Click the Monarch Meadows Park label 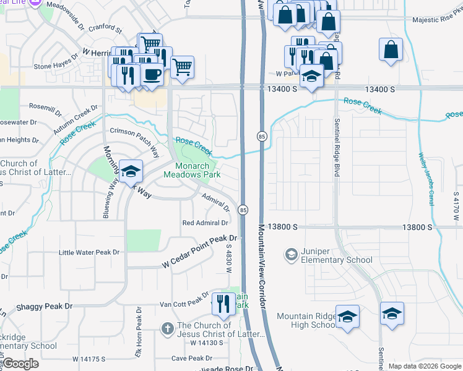192,170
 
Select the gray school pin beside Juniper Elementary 290,254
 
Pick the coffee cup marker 152,74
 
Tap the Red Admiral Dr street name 205,223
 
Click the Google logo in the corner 20,364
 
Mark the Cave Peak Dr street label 191,358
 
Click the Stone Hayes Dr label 56,66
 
